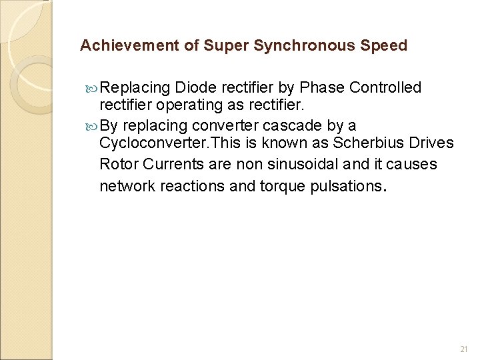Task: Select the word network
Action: (x=126, y=186)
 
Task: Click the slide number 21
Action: (x=465, y=349)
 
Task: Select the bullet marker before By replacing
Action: (x=91, y=126)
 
